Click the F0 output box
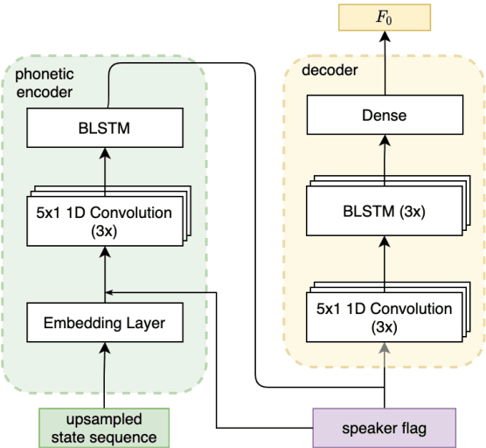coord(385,17)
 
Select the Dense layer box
coord(385,115)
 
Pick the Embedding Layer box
coord(104,323)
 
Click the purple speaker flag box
coord(385,427)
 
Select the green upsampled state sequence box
coord(104,427)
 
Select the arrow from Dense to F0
coord(385,60)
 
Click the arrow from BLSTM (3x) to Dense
coord(385,157)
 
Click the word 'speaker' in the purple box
coord(364,427)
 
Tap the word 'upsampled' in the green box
coord(104,418)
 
